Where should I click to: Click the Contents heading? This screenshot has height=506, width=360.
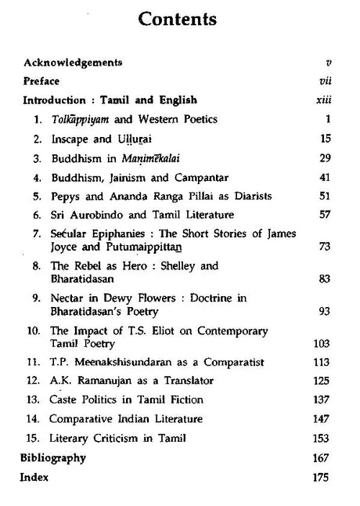[x=180, y=17]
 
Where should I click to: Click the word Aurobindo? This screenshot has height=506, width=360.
[x=95, y=215]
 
